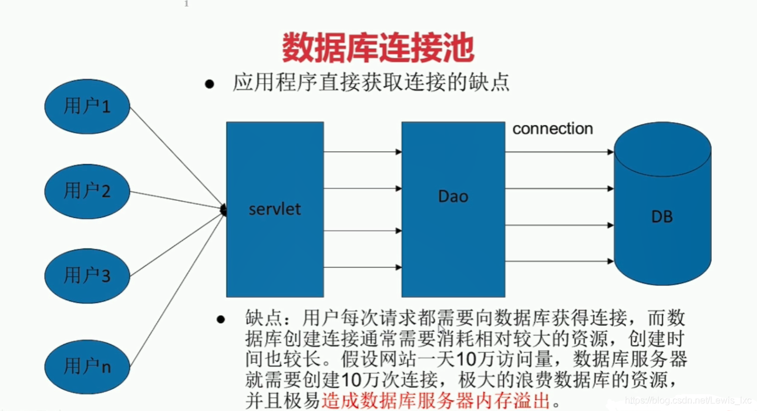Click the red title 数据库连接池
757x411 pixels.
[378, 48]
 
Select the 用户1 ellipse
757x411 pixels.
[87, 106]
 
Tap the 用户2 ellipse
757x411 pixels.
[87, 191]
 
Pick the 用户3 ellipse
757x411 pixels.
[87, 275]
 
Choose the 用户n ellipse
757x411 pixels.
[87, 366]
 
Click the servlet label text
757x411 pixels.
[274, 209]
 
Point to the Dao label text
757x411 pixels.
[453, 196]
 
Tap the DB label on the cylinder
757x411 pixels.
[662, 217]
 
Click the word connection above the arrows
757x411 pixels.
[553, 129]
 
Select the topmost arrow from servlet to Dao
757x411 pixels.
[362, 152]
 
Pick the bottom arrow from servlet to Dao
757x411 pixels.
[362, 268]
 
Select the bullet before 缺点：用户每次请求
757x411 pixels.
[221, 320]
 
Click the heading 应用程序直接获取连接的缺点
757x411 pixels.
[371, 83]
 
